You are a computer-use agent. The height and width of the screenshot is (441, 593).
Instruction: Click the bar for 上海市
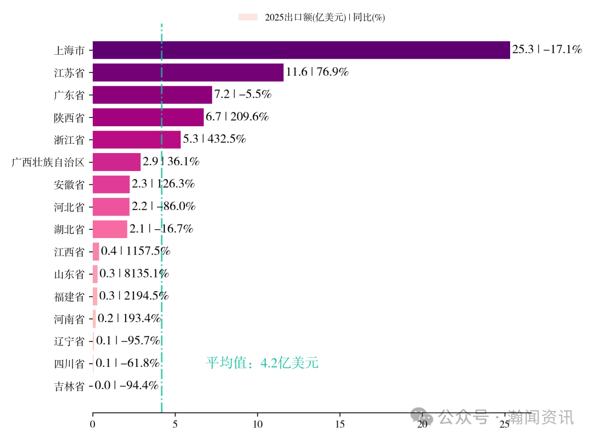click(x=301, y=50)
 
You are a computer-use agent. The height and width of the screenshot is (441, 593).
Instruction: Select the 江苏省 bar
click(x=188, y=72)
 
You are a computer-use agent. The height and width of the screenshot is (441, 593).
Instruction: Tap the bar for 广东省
click(x=152, y=95)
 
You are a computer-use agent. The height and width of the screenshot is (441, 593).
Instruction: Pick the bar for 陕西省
click(x=148, y=117)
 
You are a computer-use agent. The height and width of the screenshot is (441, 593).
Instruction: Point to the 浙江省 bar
click(x=136, y=139)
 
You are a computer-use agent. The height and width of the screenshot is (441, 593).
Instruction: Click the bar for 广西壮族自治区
click(x=116, y=162)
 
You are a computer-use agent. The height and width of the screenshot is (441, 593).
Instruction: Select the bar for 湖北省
click(x=110, y=229)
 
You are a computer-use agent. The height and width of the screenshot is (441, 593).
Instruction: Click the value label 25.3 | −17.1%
click(x=547, y=50)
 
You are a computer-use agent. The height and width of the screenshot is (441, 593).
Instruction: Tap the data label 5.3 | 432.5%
click(x=215, y=139)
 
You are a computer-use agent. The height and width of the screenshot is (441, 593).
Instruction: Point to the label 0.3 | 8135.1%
click(x=134, y=274)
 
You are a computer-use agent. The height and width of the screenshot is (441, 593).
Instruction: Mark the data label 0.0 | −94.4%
click(x=127, y=386)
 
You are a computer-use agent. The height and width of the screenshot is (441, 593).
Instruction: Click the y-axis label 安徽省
click(x=69, y=185)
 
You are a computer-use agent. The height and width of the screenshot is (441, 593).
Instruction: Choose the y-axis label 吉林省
click(x=69, y=386)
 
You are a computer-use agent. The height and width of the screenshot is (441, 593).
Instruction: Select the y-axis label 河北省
click(x=69, y=207)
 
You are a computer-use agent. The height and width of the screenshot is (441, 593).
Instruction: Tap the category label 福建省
click(x=69, y=297)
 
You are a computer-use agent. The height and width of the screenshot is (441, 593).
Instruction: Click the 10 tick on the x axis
click(x=257, y=424)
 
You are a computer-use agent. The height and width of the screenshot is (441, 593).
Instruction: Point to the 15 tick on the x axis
click(x=339, y=424)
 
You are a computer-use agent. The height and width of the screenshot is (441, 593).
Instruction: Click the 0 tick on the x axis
click(x=93, y=424)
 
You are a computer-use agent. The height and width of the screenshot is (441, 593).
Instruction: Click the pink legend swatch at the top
click(x=248, y=18)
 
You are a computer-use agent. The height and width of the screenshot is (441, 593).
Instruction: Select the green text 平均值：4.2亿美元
click(x=262, y=363)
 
